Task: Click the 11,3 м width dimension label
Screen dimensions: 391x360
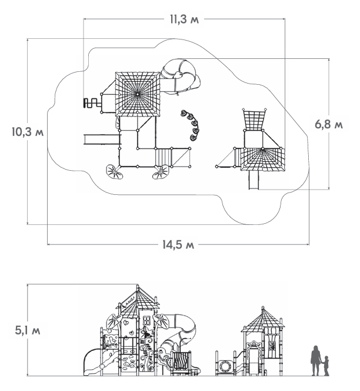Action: click(x=184, y=19)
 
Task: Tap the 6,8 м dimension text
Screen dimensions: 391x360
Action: click(x=328, y=124)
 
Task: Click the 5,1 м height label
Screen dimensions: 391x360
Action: click(x=27, y=330)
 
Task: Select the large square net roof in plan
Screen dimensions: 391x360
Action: click(x=138, y=94)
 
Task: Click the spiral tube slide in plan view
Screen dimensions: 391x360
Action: click(x=180, y=75)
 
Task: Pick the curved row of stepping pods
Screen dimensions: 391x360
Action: click(x=191, y=125)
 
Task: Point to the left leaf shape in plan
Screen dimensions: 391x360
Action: click(x=114, y=171)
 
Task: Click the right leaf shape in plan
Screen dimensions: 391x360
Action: click(x=160, y=172)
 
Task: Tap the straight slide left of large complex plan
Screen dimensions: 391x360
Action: click(x=101, y=140)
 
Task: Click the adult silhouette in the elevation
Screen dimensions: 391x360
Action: click(x=316, y=360)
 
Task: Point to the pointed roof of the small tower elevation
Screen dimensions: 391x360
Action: click(x=262, y=319)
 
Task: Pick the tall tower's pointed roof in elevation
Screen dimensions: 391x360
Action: click(x=137, y=297)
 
